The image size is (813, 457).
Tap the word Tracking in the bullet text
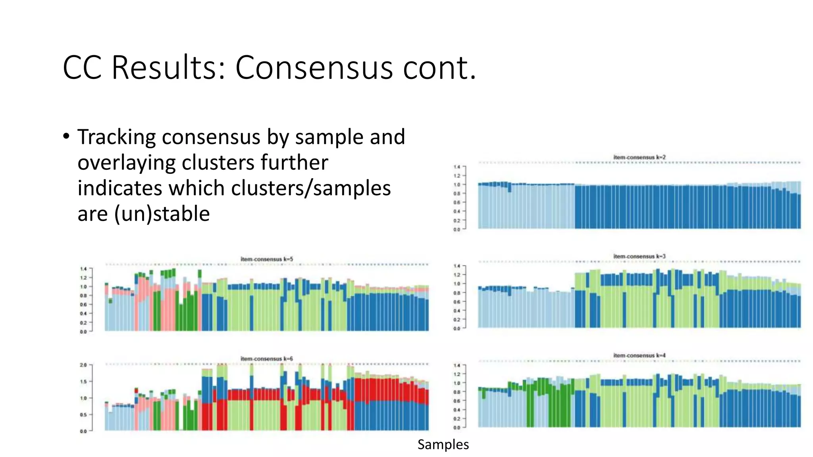[117, 137]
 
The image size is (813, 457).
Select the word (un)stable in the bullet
[162, 214]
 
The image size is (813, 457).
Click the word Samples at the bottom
[443, 444]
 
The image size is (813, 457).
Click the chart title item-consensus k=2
[639, 157]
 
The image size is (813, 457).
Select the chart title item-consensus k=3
[639, 257]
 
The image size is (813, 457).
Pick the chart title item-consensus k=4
[639, 356]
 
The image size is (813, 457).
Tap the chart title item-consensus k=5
[267, 259]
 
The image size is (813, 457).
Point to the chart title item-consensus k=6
[267, 359]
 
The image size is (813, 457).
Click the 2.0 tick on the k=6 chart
[83, 365]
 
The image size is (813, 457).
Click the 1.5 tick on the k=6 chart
[83, 382]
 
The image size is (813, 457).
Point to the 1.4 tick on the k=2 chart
[457, 167]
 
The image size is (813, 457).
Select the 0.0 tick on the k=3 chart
[457, 328]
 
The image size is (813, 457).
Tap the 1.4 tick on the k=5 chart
[83, 269]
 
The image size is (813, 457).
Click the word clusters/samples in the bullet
[311, 188]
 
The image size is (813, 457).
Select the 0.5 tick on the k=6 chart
[83, 415]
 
